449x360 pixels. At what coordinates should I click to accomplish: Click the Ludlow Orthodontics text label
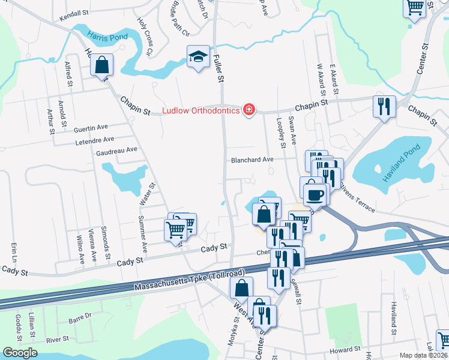click(201, 110)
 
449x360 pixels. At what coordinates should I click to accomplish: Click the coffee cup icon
click(315, 194)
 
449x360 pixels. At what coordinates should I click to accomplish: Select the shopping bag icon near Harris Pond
click(103, 64)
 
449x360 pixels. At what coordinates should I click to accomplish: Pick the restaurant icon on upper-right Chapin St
click(382, 106)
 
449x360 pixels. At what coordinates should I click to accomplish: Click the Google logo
click(20, 353)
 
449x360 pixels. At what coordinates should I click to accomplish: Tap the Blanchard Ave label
click(253, 160)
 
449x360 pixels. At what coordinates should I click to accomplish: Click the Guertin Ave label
click(90, 128)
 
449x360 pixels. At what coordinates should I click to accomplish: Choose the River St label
click(58, 340)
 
